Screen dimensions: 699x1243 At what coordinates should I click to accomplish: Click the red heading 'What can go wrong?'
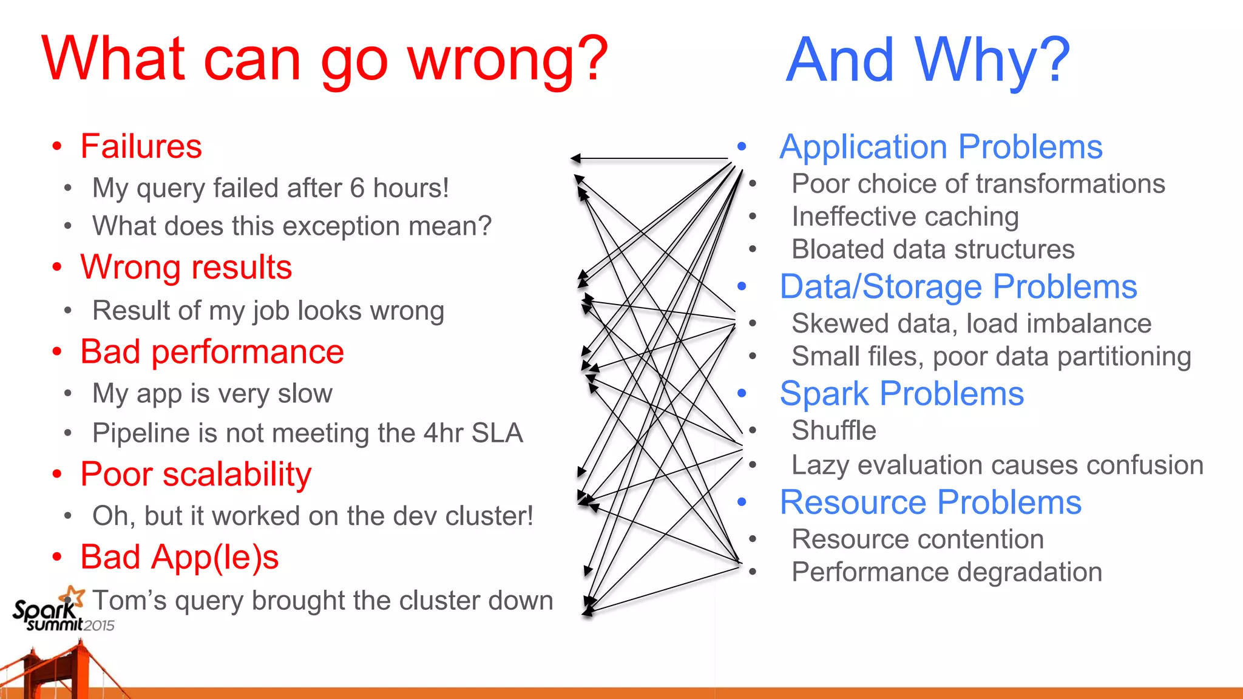coord(325,59)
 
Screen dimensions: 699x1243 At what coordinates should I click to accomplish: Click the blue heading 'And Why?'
coord(927,60)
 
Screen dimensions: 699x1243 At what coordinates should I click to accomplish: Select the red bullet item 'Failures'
coord(141,147)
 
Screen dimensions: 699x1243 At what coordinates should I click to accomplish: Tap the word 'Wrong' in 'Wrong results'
coord(123,268)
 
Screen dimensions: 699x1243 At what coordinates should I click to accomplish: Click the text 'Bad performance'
coord(212,352)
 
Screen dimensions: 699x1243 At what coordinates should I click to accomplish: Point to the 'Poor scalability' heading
coord(195,474)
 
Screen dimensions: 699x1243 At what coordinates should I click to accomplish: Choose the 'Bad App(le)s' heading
coord(179,557)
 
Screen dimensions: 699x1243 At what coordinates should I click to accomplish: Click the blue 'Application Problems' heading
coord(941,147)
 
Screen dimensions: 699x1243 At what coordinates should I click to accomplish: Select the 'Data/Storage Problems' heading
coord(958,287)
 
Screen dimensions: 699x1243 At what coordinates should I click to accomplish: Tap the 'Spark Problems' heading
coord(901,394)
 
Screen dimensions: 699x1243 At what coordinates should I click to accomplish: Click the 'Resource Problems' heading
coord(930,502)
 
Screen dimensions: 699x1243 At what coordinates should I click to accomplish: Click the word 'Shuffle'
coord(833,431)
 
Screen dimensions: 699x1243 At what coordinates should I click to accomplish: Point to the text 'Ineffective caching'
coord(904,217)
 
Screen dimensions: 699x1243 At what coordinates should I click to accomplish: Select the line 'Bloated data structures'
coord(932,249)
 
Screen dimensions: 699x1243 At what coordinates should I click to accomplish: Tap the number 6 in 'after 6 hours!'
coord(357,189)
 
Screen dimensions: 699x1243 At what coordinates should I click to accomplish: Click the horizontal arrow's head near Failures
coord(575,159)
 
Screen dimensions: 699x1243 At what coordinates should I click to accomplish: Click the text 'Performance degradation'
coord(946,572)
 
